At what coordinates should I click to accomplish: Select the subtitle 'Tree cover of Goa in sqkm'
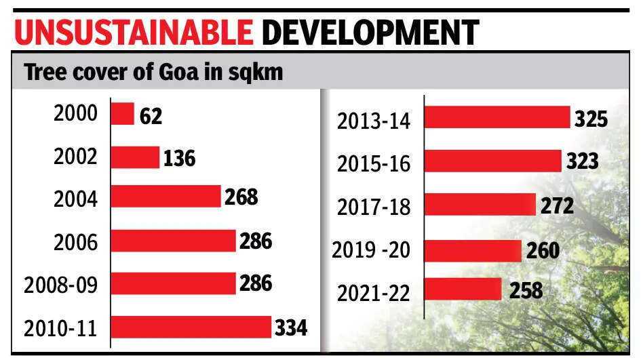click(153, 73)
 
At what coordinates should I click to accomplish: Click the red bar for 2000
click(123, 114)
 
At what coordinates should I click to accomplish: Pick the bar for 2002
click(135, 157)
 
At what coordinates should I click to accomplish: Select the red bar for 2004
click(166, 197)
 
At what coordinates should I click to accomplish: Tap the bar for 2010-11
click(191, 327)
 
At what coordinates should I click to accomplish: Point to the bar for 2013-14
click(497, 117)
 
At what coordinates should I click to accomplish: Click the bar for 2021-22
click(463, 289)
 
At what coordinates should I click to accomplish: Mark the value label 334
click(291, 329)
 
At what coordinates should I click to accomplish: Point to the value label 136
click(179, 159)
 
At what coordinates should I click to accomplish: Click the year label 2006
click(75, 241)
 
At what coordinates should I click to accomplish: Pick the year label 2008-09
click(60, 285)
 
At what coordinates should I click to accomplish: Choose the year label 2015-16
click(374, 163)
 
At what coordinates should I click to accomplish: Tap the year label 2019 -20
click(372, 250)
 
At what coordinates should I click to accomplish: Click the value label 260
click(541, 250)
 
